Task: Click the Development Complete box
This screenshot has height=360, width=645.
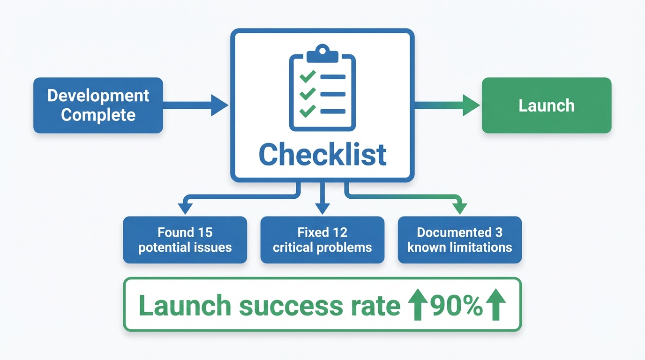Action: (98, 105)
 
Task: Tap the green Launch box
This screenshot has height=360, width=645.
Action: (547, 105)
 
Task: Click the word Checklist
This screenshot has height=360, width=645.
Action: (322, 155)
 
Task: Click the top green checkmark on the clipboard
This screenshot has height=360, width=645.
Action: (307, 76)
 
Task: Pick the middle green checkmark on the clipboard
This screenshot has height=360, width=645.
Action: (307, 94)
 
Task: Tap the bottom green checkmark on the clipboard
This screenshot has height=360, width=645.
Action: (307, 111)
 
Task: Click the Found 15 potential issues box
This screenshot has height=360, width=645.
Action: (185, 240)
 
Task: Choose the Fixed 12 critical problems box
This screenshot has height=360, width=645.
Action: (322, 240)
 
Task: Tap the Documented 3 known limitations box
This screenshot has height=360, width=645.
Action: (459, 240)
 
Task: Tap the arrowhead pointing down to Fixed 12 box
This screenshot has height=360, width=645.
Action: (322, 208)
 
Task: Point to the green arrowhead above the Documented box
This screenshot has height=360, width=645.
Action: (460, 208)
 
